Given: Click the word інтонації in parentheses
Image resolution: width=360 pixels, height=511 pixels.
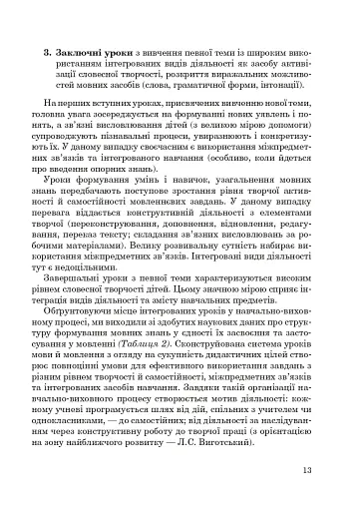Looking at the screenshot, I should coord(283,83).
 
